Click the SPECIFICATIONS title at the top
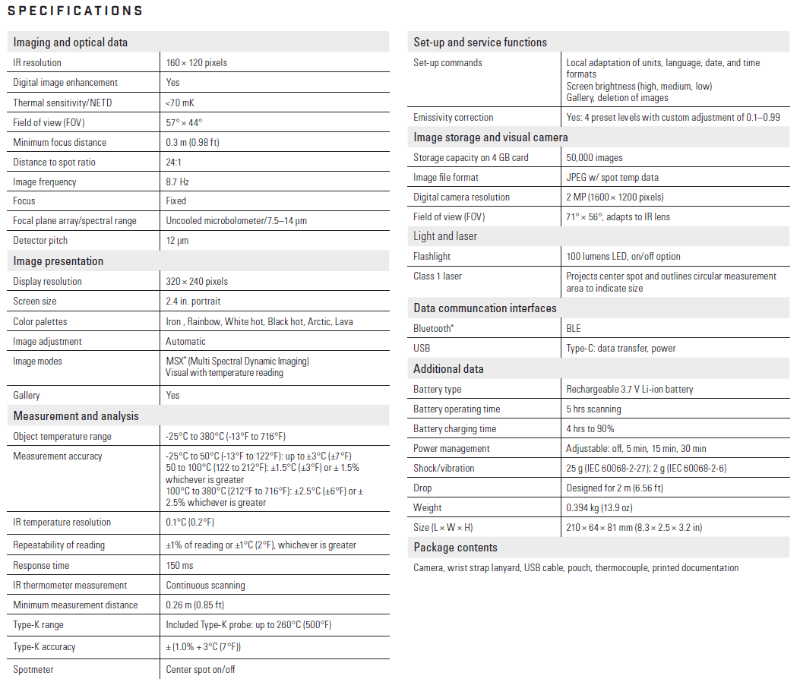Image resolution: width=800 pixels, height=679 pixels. tap(74, 11)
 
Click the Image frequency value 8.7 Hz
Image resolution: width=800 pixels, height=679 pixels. tap(178, 182)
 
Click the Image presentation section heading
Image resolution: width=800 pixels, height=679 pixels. tap(58, 261)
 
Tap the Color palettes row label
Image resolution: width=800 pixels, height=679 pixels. tap(40, 321)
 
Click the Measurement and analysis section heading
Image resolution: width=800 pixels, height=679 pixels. tap(76, 416)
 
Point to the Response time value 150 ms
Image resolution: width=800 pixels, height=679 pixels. tap(179, 566)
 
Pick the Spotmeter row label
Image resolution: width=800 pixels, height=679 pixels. tap(33, 669)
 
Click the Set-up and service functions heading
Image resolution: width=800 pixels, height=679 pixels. tap(480, 43)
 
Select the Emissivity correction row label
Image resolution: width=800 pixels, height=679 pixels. tap(454, 118)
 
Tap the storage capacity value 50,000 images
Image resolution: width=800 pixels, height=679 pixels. tap(594, 157)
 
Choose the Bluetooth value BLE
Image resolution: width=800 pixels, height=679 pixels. tap(574, 328)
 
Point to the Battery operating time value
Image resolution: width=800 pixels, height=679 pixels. tap(593, 409)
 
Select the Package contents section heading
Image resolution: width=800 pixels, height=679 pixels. tap(455, 548)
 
